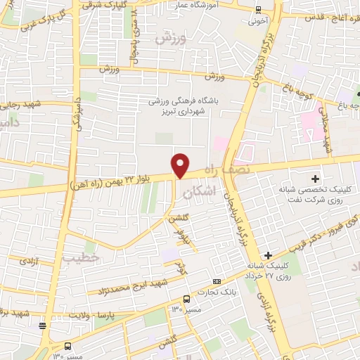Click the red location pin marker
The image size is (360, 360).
click(181, 165)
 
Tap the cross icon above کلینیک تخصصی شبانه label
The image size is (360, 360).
click(315, 179)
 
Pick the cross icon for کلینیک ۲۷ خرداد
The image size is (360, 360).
click(267, 255)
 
